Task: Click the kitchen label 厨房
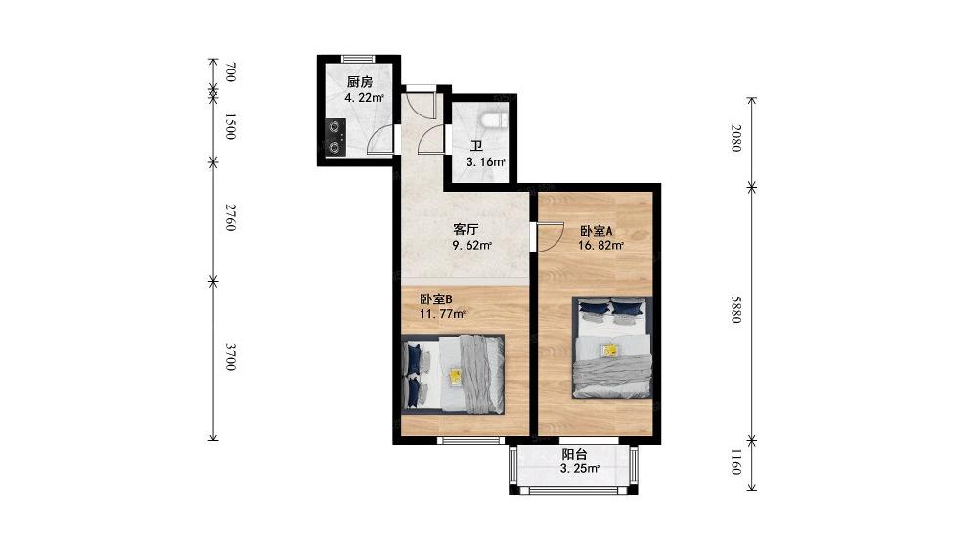(x=360, y=82)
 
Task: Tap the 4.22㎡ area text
(x=364, y=97)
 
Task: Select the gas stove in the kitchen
(x=335, y=137)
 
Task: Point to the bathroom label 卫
(x=477, y=147)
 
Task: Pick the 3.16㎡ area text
(x=486, y=162)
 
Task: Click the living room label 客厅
(x=466, y=229)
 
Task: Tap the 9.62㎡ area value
(x=472, y=245)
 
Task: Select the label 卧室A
(x=597, y=230)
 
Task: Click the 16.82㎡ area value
(x=601, y=246)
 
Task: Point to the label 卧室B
(x=435, y=298)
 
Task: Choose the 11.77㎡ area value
(x=442, y=314)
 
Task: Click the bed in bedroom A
(x=612, y=347)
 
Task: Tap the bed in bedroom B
(x=453, y=374)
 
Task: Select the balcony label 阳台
(x=574, y=455)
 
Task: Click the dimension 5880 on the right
(x=736, y=309)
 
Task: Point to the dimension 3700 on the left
(x=230, y=357)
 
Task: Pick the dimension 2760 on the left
(x=230, y=217)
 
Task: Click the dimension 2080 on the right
(x=736, y=138)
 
